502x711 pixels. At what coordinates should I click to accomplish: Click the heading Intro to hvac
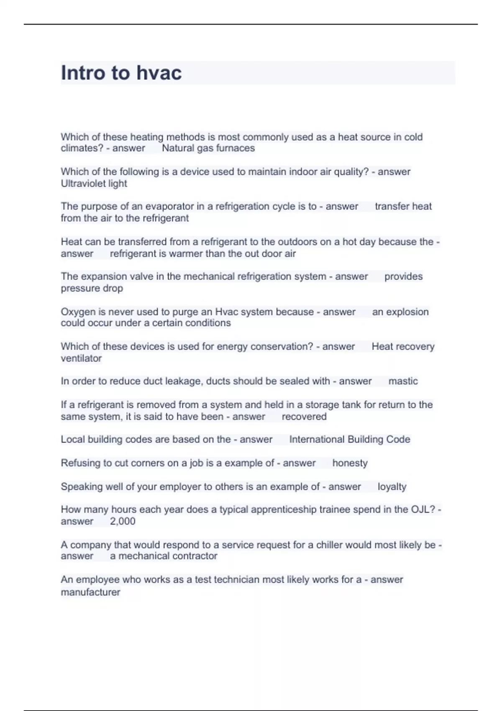point(121,73)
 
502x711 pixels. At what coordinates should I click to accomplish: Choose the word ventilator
point(81,358)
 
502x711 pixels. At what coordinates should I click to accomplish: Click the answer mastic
point(403,381)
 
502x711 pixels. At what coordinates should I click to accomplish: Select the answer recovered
point(304,417)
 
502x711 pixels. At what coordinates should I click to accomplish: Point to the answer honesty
point(350,463)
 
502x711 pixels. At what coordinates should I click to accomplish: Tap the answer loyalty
point(392,486)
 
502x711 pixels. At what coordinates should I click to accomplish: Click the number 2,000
point(123,521)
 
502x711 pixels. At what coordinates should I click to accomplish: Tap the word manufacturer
point(90,592)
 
